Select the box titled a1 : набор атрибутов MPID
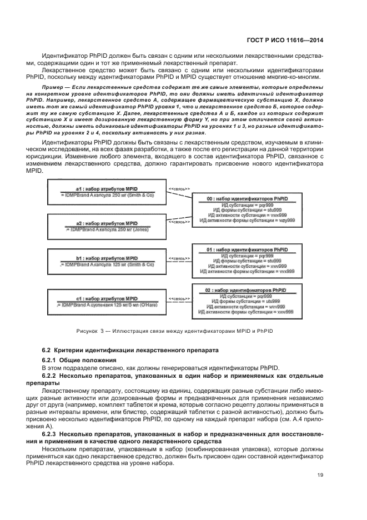point(107,192)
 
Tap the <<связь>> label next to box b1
point(179,259)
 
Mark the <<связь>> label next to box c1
point(179,298)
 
